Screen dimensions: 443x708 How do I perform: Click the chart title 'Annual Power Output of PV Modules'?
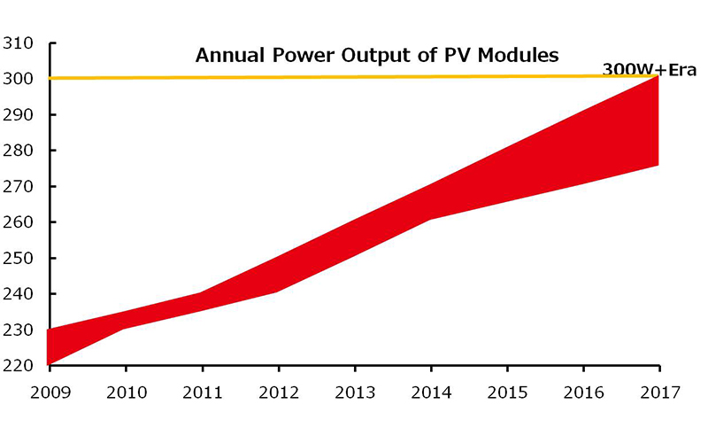point(376,55)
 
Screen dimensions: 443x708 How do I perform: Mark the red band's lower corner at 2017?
point(658,164)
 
